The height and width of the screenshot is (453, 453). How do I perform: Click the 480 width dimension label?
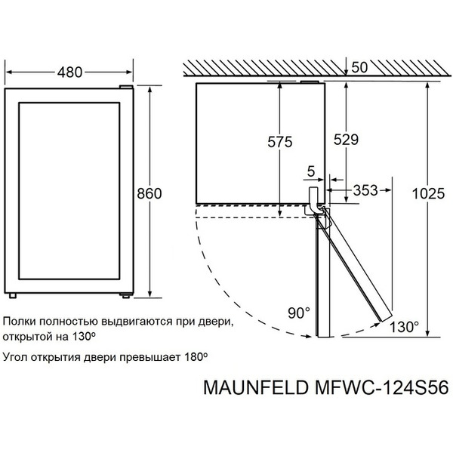(x=69, y=72)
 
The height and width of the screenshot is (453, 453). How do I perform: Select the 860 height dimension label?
(x=149, y=193)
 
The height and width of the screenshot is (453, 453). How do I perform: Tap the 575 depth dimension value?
(x=280, y=142)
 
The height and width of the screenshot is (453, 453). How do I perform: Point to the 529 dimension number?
(x=346, y=140)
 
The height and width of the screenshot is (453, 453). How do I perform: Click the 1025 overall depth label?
(x=428, y=193)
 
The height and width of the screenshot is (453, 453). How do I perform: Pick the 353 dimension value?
(x=365, y=190)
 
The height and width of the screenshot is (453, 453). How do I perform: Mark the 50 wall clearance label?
(x=359, y=68)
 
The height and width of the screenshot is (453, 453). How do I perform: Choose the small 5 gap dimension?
(x=311, y=171)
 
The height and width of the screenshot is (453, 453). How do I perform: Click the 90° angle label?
(x=299, y=313)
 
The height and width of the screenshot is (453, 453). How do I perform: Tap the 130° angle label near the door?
(x=404, y=328)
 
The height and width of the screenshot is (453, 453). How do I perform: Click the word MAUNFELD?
(x=256, y=387)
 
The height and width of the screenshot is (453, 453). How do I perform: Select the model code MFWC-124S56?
(x=381, y=387)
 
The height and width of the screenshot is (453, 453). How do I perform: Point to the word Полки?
(x=20, y=322)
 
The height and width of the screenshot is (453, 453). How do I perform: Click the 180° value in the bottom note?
(x=196, y=357)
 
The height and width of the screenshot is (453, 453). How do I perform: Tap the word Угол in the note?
(x=15, y=358)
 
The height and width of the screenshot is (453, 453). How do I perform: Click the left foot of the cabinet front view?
(x=12, y=295)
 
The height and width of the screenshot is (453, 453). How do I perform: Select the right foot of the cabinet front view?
(x=125, y=295)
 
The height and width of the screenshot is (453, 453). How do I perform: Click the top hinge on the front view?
(x=126, y=87)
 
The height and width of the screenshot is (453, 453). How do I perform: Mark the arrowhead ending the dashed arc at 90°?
(x=309, y=336)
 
